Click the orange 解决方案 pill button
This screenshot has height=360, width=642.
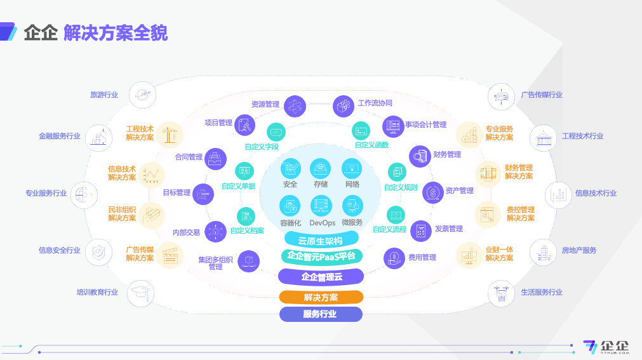coord(321,297)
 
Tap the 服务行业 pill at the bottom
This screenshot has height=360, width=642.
coord(321,314)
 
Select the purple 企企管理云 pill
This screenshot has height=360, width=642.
coord(321,277)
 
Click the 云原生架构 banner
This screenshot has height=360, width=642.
coord(321,240)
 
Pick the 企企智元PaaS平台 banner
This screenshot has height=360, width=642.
coord(321,257)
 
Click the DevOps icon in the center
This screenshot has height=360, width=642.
coord(321,206)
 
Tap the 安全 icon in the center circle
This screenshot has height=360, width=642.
coord(291,168)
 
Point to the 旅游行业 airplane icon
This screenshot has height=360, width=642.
coord(142,95)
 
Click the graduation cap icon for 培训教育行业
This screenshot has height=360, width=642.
coord(140,293)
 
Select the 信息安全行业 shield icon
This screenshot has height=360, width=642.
coord(98,252)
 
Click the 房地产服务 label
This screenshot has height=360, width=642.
coord(579,250)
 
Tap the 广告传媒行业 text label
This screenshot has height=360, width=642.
coord(541,95)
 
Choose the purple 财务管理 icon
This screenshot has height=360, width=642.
coord(420,156)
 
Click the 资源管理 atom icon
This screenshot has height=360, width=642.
coord(295,106)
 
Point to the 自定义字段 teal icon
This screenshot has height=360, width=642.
coord(276,132)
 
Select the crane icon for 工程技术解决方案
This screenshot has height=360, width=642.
coord(170,135)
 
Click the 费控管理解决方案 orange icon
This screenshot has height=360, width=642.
coord(488,215)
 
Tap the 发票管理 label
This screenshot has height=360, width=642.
coord(449,229)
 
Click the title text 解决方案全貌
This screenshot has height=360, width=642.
coord(116,33)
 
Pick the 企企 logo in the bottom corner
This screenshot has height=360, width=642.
coord(606,347)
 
